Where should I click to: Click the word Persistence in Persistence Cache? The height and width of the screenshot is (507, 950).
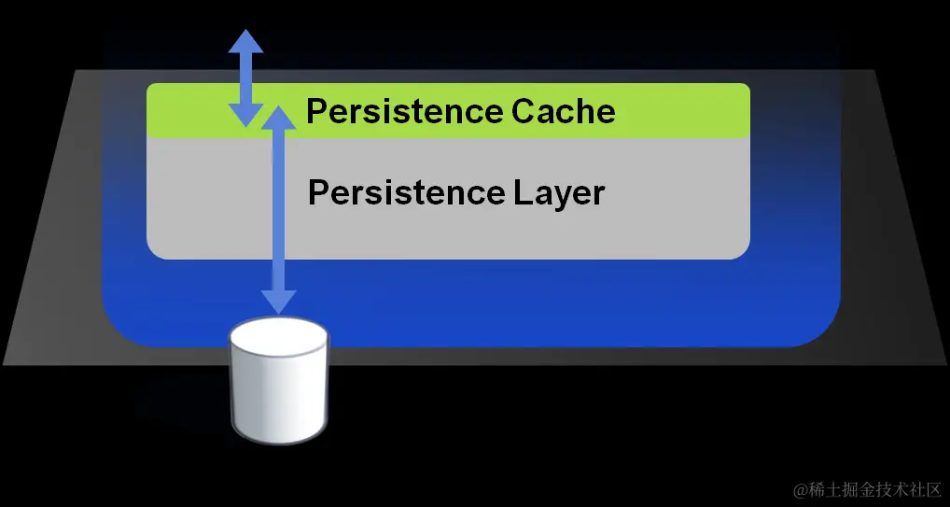(x=404, y=112)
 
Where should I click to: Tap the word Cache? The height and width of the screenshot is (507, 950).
(x=564, y=112)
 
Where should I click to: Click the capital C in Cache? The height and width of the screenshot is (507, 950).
(x=524, y=112)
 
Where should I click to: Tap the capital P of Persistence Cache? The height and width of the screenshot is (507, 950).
(x=316, y=112)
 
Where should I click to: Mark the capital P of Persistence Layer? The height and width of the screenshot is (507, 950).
(x=318, y=193)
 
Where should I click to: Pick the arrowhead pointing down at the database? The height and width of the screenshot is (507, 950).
(x=278, y=302)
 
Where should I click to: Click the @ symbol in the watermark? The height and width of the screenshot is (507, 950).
(x=800, y=489)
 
